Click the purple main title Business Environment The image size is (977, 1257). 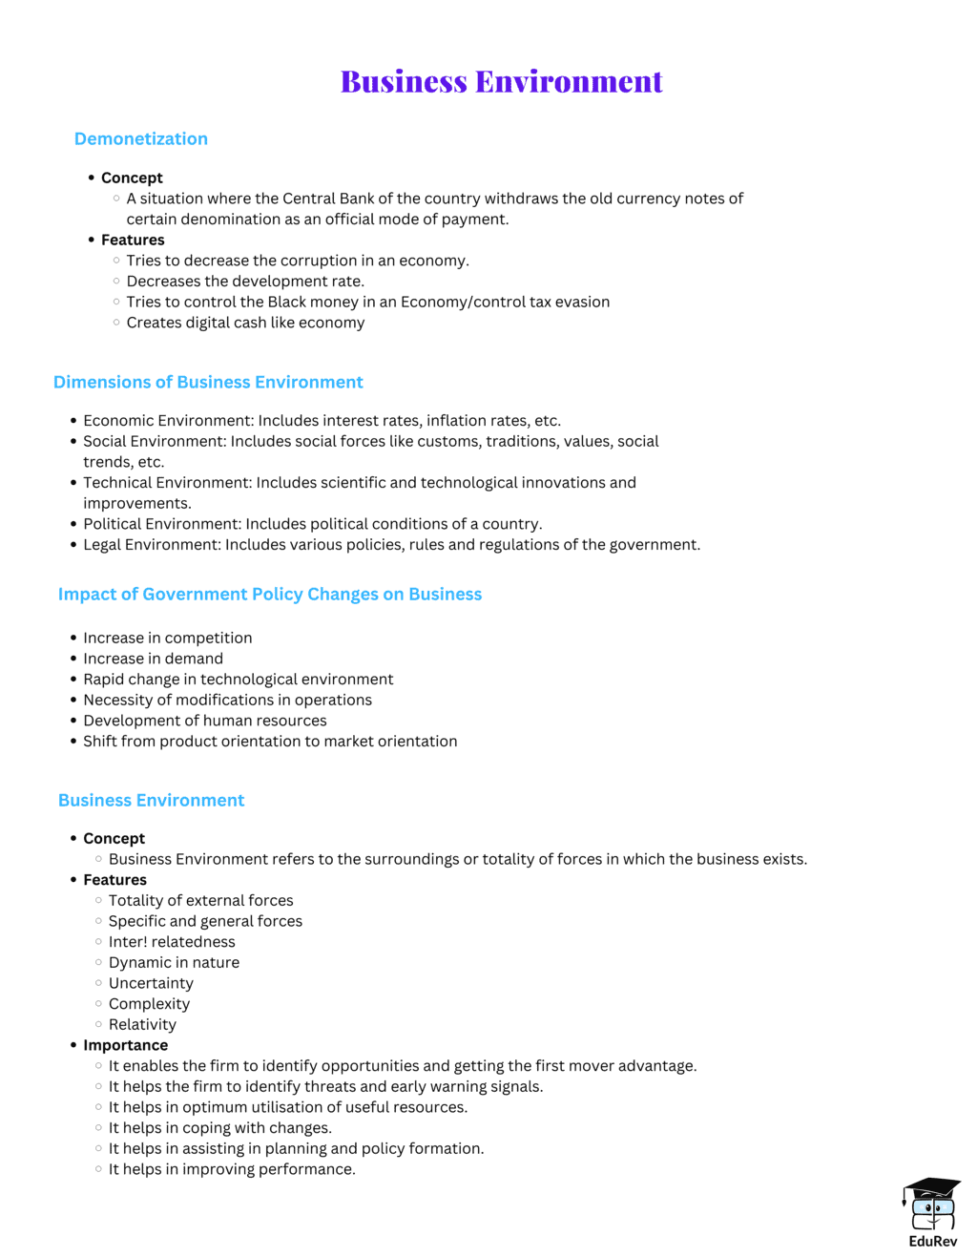(501, 82)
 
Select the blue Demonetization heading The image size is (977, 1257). (141, 139)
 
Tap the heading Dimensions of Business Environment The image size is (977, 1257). (208, 383)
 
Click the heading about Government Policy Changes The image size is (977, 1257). (270, 595)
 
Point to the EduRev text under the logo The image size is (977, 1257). (932, 1242)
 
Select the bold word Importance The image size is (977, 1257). (125, 1045)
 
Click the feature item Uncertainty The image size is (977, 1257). (151, 983)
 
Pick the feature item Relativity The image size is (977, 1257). (142, 1025)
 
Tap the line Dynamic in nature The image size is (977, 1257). (174, 963)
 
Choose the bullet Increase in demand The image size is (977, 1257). (153, 659)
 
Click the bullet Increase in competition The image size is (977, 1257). (167, 639)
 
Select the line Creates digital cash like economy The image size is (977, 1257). (245, 323)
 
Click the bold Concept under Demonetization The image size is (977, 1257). (132, 178)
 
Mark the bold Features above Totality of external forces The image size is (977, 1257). (114, 880)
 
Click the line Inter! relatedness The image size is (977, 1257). (172, 942)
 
